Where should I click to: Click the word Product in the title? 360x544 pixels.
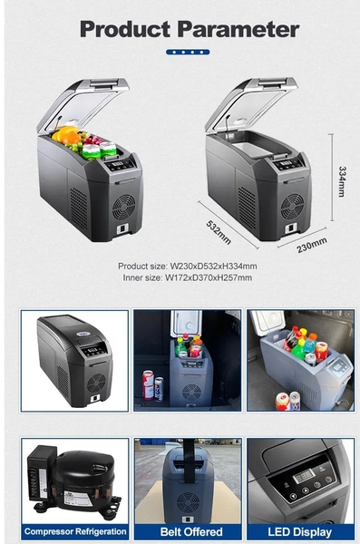coord(125,29)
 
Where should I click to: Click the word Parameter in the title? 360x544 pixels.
coord(238,29)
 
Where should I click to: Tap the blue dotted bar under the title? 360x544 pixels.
coord(188,52)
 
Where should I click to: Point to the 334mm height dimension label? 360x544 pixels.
coord(342,181)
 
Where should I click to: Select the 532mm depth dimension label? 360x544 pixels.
coord(219,232)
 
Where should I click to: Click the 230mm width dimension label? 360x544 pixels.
coord(311,245)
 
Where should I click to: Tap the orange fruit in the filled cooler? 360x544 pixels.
coord(73,139)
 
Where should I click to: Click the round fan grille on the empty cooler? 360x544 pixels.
coord(292,206)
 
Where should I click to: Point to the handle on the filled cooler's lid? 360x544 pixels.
coord(103,83)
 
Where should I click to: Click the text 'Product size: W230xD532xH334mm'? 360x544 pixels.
coord(188,266)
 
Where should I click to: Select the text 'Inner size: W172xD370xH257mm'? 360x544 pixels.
coord(188,277)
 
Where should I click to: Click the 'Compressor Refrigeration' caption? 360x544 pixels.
coord(75,531)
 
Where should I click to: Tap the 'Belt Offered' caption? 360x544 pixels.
coord(191,531)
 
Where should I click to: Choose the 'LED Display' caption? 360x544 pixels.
coord(299,531)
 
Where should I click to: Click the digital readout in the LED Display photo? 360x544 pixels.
coord(304,477)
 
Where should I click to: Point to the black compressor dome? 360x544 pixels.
coord(84,472)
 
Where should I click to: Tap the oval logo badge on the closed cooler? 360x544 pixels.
coord(84,334)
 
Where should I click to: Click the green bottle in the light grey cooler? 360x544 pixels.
coord(297,352)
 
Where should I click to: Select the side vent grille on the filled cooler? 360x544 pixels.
coord(79,209)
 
